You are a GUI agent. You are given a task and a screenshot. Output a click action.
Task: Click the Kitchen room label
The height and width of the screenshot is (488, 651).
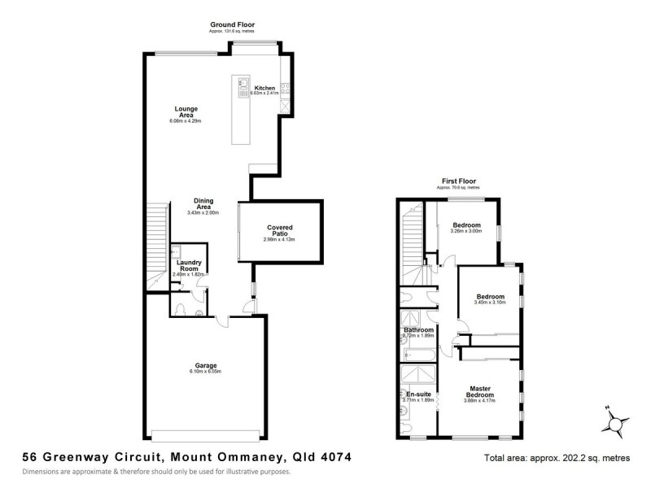click(264, 87)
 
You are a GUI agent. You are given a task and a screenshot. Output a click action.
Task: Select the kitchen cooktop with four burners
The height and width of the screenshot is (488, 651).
click(285, 88)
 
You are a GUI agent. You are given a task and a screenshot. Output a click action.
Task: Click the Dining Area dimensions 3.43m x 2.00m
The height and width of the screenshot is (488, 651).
click(203, 212)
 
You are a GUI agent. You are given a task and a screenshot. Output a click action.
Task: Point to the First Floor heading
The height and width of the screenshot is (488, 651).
click(459, 181)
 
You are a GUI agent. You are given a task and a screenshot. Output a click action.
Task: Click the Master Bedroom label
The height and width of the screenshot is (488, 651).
click(478, 392)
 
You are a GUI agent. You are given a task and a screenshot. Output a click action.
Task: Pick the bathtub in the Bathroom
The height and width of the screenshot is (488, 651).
click(416, 351)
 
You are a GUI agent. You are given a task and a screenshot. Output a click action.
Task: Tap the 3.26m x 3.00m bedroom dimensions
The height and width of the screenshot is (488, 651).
click(466, 232)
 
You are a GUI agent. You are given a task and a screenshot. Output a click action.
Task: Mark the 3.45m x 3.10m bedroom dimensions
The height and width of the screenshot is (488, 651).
click(490, 303)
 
